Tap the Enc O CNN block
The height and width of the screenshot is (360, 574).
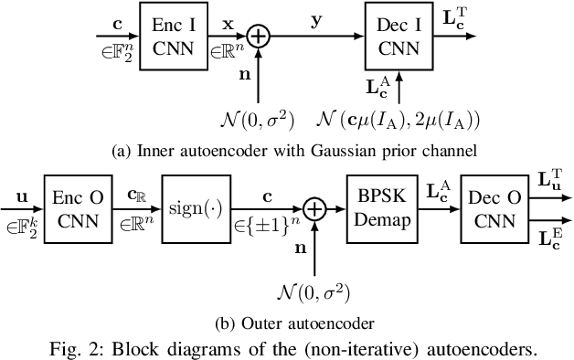pos(78,209)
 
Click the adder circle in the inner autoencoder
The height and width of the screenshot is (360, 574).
pos(260,37)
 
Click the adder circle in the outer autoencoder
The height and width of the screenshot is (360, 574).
pos(314,210)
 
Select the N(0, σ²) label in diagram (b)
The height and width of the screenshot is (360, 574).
pos(314,291)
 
